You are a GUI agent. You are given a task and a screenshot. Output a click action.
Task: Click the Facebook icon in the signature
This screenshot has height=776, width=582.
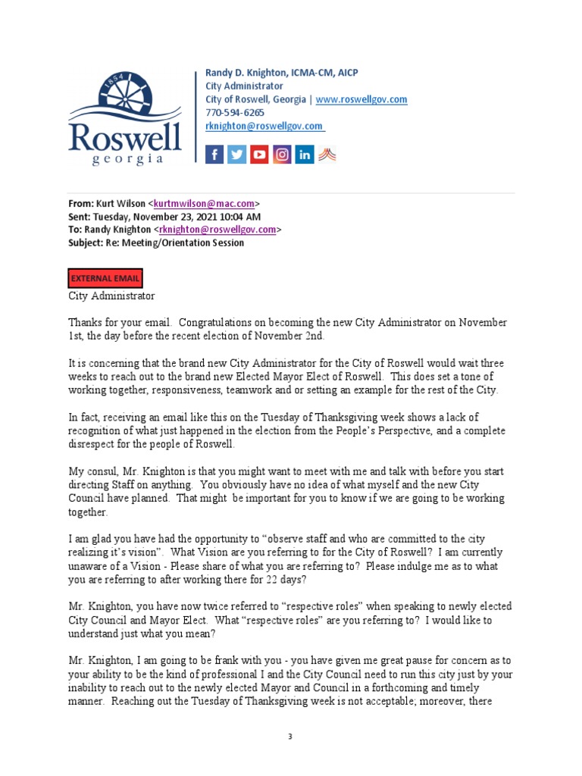[x=214, y=155]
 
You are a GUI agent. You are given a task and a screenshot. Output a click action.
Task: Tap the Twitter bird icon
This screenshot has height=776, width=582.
[x=237, y=155]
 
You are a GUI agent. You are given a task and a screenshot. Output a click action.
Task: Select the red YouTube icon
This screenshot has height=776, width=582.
[x=260, y=155]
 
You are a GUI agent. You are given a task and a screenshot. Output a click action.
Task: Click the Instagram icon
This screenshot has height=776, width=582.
[x=282, y=155]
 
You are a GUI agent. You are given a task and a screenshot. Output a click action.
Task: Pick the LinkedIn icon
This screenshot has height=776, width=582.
[x=305, y=155]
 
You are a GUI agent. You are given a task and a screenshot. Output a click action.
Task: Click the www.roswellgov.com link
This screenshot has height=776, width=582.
[x=361, y=99]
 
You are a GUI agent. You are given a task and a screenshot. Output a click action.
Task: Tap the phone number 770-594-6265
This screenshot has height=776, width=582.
[x=235, y=113]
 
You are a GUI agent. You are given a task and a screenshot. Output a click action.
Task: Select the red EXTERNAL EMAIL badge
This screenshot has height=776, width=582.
[x=105, y=278]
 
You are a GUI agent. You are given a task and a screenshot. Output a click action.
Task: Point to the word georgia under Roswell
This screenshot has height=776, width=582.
[x=127, y=159]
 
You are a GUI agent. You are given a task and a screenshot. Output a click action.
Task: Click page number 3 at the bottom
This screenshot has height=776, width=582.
[x=290, y=736]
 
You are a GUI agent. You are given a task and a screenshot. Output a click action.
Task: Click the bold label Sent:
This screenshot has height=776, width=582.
[x=80, y=217]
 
